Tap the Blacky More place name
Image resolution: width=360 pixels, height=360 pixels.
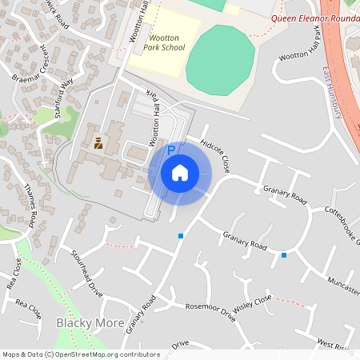click(x=90, y=323)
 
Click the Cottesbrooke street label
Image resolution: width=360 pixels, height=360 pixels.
click(x=341, y=220)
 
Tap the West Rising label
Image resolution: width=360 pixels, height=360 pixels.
click(x=334, y=344)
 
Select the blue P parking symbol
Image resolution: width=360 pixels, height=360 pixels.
click(x=170, y=150)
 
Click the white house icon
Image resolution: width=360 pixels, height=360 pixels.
click(x=180, y=173)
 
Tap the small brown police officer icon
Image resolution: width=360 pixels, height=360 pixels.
click(x=98, y=143)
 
